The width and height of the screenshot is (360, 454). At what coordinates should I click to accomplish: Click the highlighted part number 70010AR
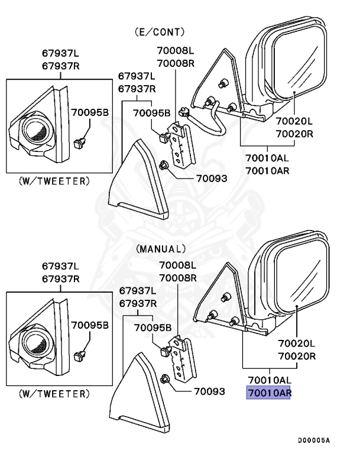(x=268, y=392)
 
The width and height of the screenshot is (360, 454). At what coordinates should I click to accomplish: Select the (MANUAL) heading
(x=161, y=249)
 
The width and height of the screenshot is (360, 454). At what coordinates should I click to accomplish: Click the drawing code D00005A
(x=313, y=440)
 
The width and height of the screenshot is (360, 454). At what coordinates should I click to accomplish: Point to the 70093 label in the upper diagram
(x=211, y=177)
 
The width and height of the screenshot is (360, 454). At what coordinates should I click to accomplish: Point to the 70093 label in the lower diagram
(x=210, y=391)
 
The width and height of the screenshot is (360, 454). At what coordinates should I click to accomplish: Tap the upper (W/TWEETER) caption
(x=54, y=180)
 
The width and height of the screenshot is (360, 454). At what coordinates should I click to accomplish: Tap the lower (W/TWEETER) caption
(x=54, y=393)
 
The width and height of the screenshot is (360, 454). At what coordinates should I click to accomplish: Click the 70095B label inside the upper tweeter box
(x=90, y=112)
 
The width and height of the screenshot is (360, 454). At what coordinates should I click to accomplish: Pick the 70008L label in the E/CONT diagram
(x=175, y=51)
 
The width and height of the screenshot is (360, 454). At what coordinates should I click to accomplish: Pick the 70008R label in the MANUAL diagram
(x=177, y=278)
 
